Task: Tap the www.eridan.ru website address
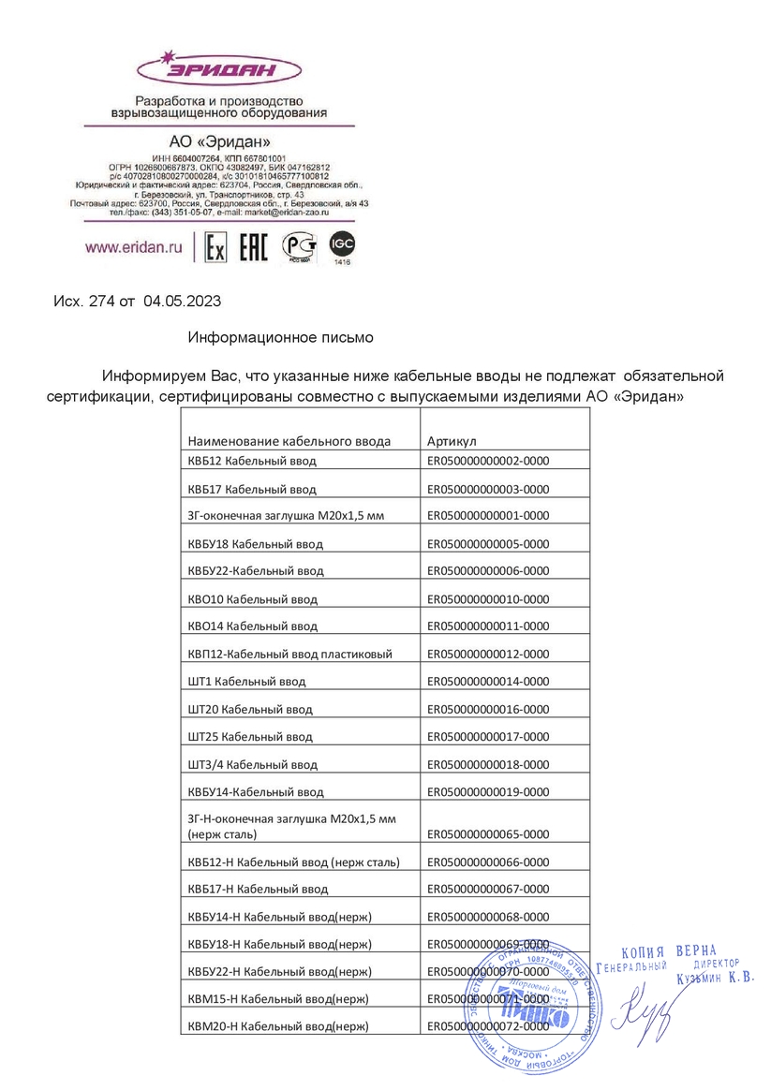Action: [x=132, y=248]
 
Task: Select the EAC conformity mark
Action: [x=254, y=247]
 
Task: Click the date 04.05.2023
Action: [x=183, y=302]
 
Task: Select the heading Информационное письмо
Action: [x=281, y=336]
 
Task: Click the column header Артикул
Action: [x=452, y=441]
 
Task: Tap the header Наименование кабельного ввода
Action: [x=289, y=441]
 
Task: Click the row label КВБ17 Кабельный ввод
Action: [x=252, y=489]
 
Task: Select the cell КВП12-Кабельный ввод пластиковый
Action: [x=289, y=654]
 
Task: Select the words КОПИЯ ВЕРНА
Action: [x=669, y=951]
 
